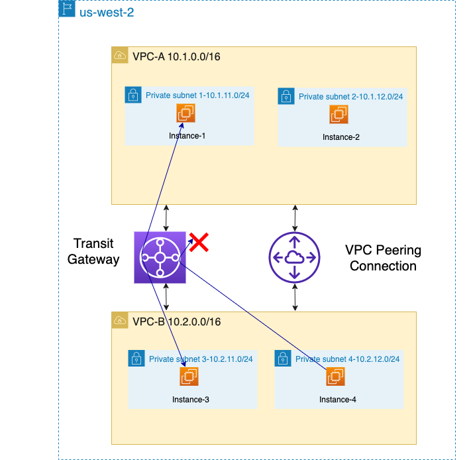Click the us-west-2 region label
(107, 12)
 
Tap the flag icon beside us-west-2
(67, 9)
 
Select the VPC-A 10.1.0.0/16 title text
(176, 56)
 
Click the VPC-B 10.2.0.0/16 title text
(176, 321)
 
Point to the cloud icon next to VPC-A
(120, 56)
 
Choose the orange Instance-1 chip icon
(186, 113)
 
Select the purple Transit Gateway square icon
(160, 258)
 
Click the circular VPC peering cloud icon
(294, 258)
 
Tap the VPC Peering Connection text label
(383, 258)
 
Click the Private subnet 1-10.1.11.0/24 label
(197, 95)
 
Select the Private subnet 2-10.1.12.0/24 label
(350, 97)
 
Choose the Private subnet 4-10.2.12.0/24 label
(347, 359)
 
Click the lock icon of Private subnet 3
(136, 359)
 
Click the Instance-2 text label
(341, 137)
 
